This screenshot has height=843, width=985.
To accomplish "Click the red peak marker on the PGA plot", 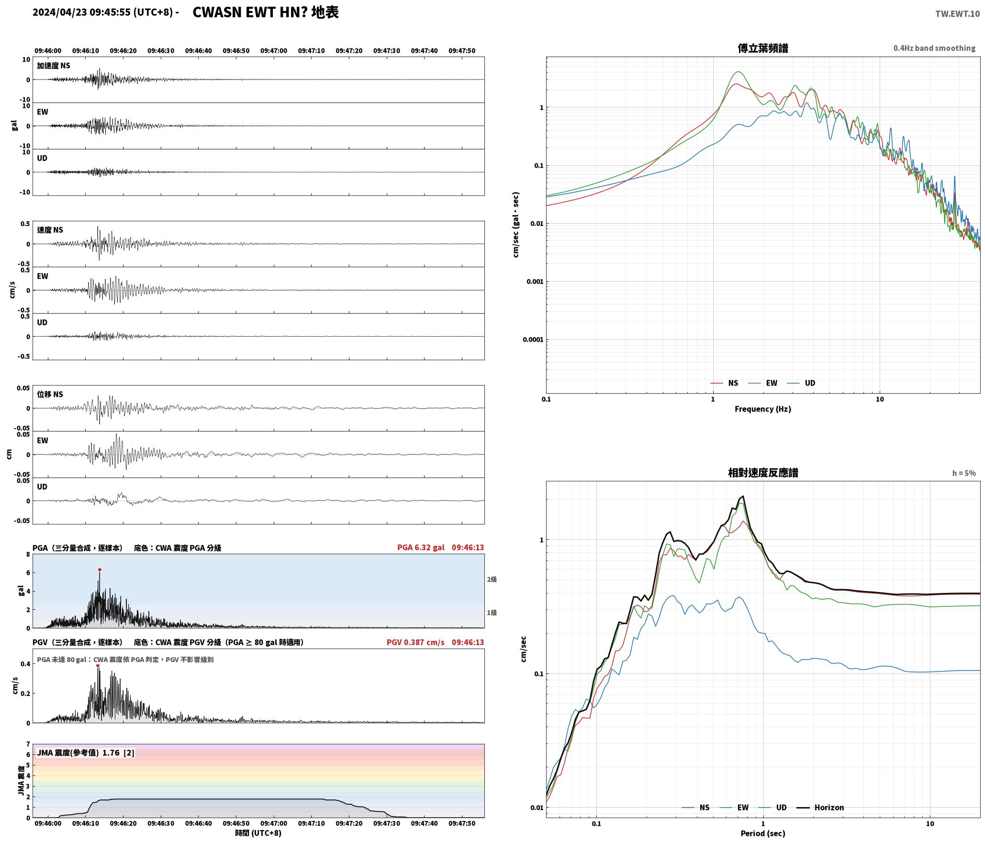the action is tap(100, 570).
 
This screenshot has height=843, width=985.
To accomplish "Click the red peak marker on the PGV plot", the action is tap(98, 665).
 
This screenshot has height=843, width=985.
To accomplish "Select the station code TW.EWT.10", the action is tap(957, 14).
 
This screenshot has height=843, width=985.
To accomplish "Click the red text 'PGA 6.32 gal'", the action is tap(421, 547).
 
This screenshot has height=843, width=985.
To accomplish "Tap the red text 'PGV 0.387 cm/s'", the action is tap(415, 642).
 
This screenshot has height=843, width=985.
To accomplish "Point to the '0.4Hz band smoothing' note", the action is tap(934, 48).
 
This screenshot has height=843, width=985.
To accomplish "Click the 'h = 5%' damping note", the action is tap(963, 473).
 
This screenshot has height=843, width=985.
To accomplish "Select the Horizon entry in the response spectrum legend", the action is tap(820, 807).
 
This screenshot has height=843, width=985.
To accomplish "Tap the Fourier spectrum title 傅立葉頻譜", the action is tap(763, 48).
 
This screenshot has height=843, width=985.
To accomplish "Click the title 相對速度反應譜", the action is tap(763, 473).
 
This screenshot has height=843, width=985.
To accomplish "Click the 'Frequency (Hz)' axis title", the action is tap(763, 409).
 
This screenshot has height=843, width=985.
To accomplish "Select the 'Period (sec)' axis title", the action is tap(763, 833).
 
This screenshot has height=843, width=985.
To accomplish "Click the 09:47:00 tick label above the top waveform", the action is tap(274, 50).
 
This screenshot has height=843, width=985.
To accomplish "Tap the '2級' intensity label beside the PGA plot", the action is tap(492, 579).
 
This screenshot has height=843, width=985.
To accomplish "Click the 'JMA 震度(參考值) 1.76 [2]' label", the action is tap(86, 752).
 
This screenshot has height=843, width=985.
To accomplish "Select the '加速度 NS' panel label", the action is tap(54, 65).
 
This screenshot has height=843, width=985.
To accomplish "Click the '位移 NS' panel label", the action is tap(50, 394).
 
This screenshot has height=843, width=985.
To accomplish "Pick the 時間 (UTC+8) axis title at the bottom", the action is tap(258, 833).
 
